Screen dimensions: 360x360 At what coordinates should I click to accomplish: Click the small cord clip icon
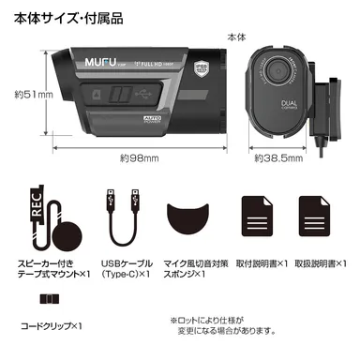(x=46, y=301)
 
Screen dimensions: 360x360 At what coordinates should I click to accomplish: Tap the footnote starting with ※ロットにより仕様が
(x=223, y=324)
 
